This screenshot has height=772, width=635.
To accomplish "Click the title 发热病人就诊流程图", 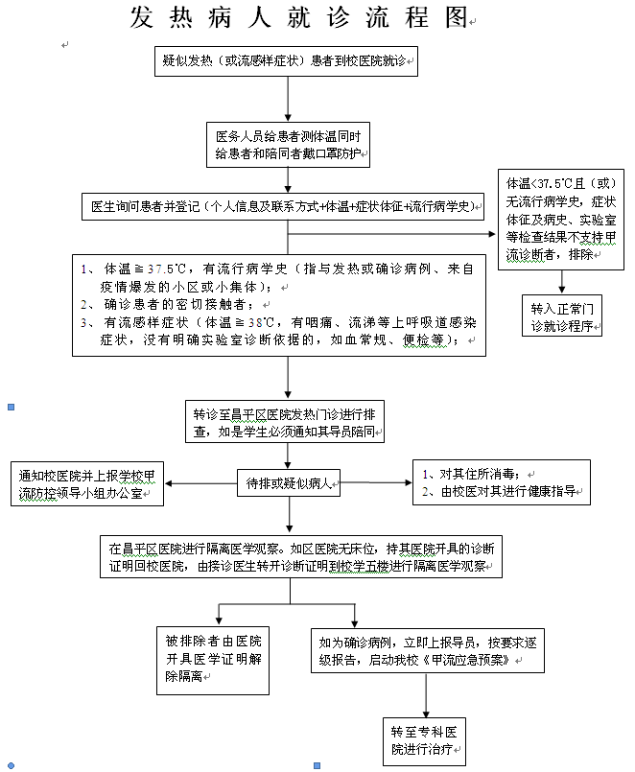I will (x=302, y=18).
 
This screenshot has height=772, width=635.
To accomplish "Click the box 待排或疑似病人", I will (x=289, y=483).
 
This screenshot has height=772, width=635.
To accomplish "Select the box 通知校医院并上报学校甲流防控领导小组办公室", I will (x=87, y=483).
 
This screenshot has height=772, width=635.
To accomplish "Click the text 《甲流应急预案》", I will (x=468, y=662).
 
